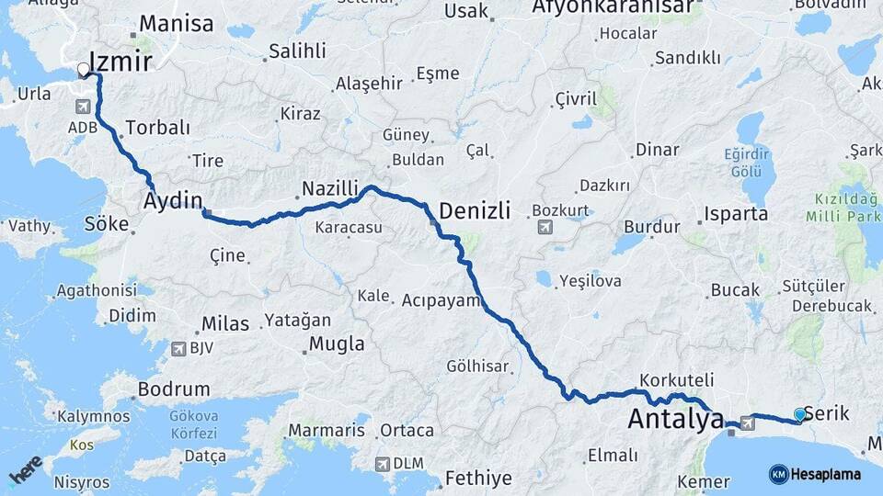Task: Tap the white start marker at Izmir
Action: [x=84, y=69]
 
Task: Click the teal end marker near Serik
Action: [x=799, y=414]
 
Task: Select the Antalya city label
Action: [x=675, y=420]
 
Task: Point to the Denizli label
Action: [x=475, y=210]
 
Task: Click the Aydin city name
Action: [x=172, y=199]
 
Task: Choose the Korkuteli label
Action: [x=677, y=378]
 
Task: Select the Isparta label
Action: [x=736, y=214]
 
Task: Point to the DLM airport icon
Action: [x=382, y=464]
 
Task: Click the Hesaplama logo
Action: [x=815, y=474]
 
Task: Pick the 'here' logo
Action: [x=25, y=469]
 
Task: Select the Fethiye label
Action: [x=477, y=478]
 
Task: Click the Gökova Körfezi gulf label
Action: [x=193, y=423]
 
